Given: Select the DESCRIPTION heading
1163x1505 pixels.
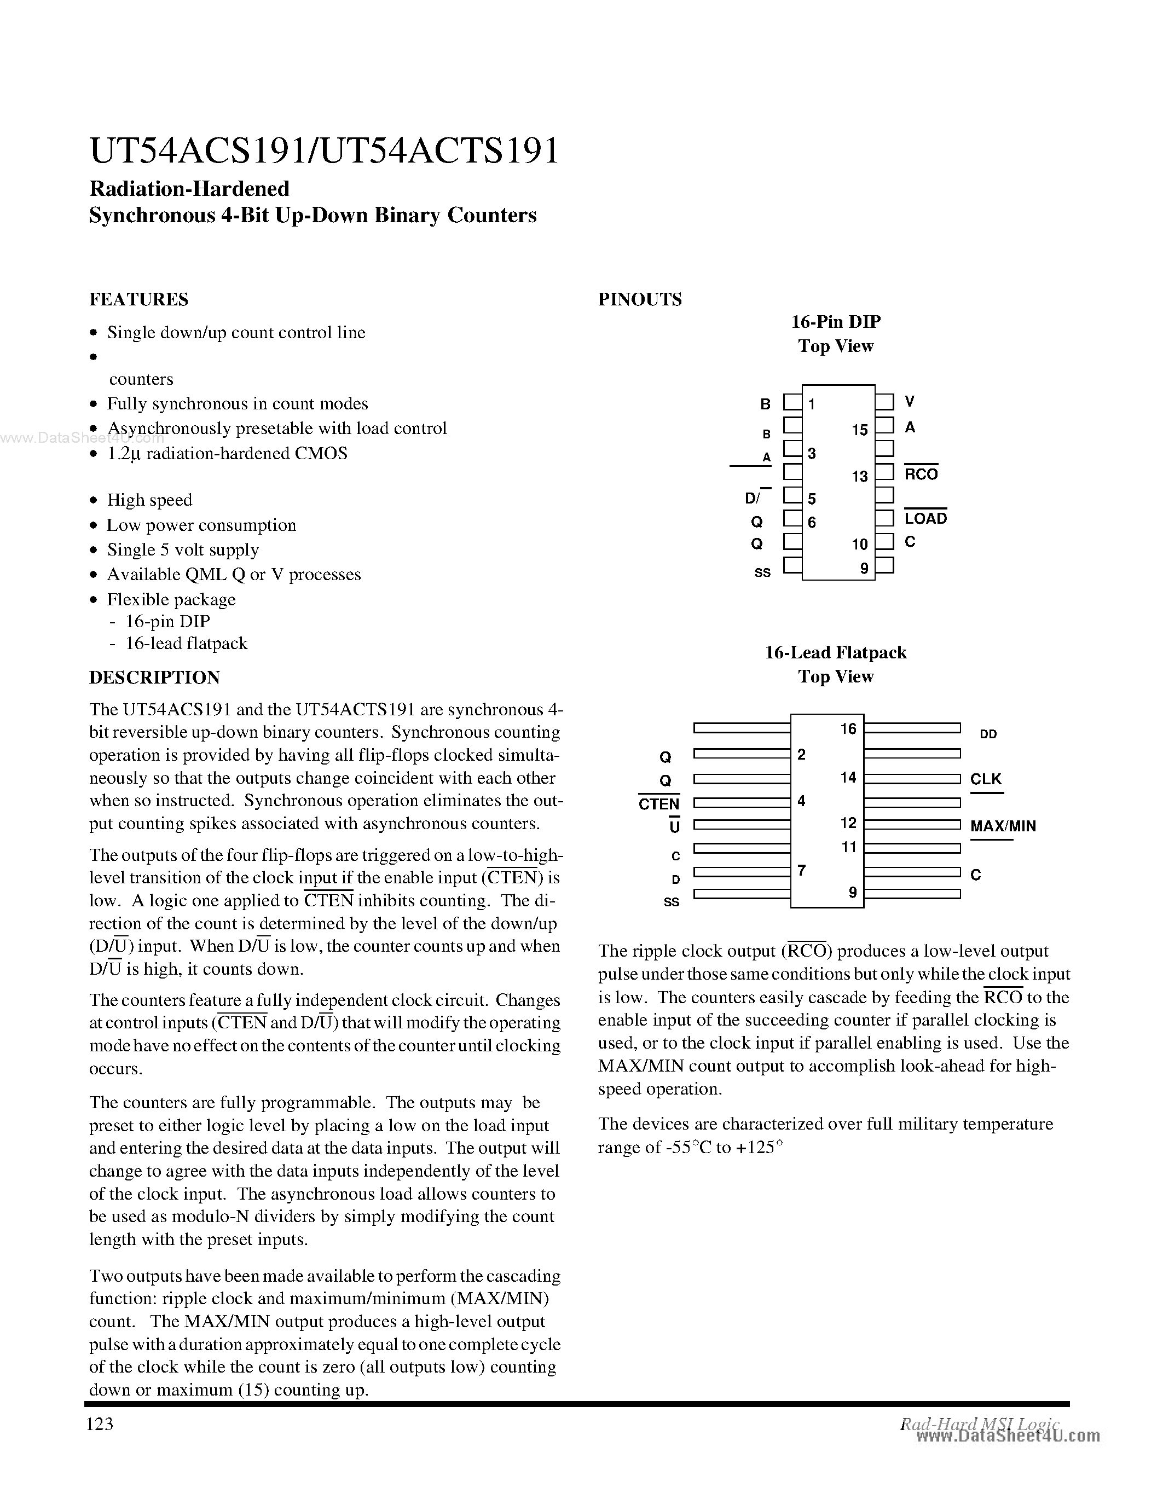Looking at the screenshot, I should click(154, 678).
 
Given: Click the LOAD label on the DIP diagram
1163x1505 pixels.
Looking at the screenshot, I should click(925, 518).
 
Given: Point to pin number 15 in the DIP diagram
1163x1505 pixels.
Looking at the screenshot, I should click(859, 430).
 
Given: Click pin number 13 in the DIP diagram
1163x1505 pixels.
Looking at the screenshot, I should click(859, 476).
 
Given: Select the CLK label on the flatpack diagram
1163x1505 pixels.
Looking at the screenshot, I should click(986, 779).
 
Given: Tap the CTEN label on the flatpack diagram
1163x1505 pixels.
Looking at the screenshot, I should click(658, 803).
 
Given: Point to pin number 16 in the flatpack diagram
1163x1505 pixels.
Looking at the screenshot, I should click(848, 728).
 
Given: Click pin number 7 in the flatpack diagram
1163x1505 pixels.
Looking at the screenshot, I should click(802, 870).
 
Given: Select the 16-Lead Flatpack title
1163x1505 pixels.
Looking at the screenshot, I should click(835, 652).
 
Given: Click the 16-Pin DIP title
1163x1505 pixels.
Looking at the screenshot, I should click(835, 322).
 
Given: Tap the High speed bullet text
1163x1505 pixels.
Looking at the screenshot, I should click(149, 500).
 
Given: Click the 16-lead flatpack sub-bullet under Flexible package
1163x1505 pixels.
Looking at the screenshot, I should click(186, 643).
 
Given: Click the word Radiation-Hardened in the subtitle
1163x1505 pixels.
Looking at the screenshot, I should click(189, 188).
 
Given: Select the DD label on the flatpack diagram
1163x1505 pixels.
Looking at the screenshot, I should click(988, 734).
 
